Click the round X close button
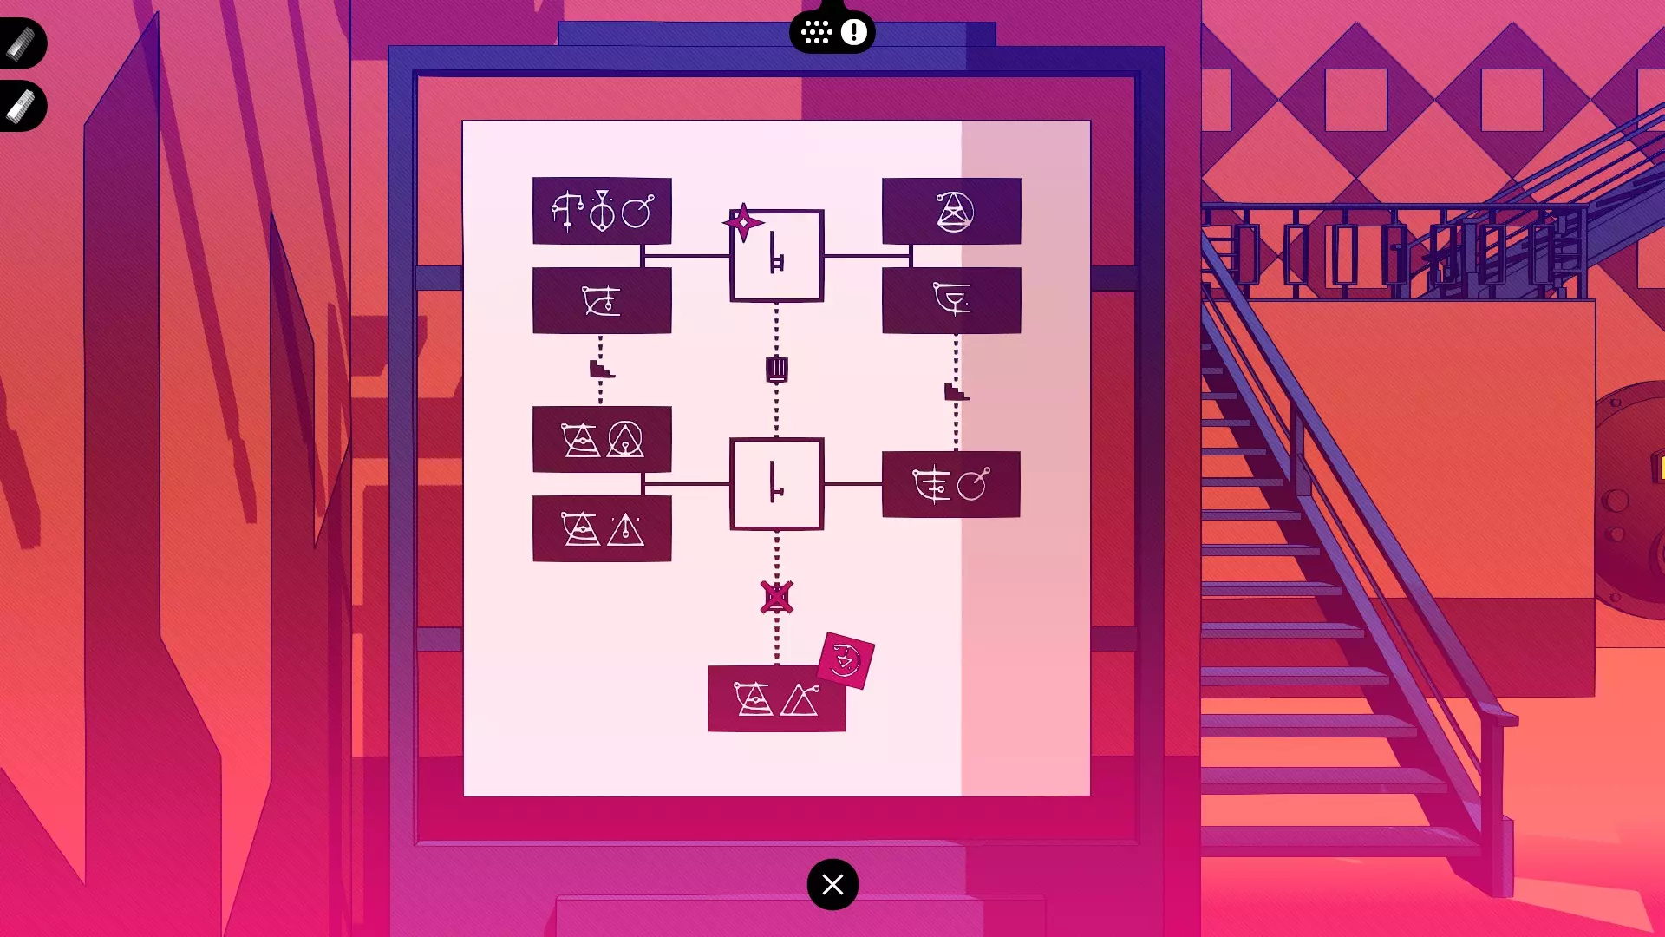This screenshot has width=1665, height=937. click(832, 884)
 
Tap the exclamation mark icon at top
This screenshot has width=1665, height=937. click(854, 33)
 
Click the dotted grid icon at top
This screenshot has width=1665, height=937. click(816, 33)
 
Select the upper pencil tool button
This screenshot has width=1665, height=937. click(21, 43)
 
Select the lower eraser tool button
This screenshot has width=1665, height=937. click(21, 107)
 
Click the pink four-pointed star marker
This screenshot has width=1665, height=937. click(743, 223)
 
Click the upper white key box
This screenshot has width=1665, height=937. click(777, 257)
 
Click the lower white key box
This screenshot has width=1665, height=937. click(777, 484)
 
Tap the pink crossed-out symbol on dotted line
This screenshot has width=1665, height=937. click(776, 597)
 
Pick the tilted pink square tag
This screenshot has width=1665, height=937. click(846, 661)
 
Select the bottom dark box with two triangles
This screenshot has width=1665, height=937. click(776, 699)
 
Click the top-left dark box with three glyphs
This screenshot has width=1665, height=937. click(602, 211)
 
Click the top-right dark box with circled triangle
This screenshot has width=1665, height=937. click(951, 211)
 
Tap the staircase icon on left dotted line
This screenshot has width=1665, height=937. click(601, 370)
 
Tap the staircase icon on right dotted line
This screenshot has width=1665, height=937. click(956, 392)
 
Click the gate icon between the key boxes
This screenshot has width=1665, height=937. click(776, 370)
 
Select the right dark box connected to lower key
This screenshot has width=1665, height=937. click(950, 484)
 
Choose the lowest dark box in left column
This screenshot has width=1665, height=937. click(602, 528)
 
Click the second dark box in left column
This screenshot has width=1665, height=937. click(602, 300)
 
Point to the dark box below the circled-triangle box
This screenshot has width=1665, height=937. click(951, 300)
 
